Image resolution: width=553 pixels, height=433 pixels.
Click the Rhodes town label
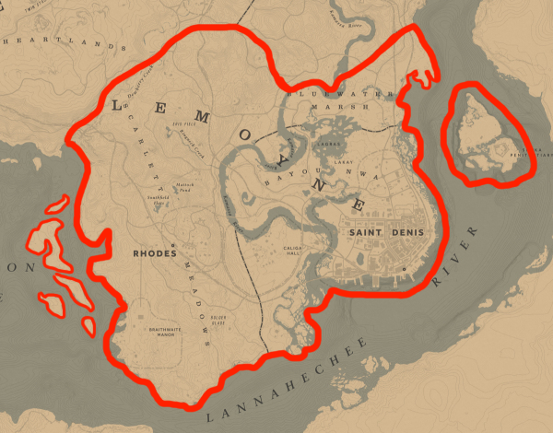(x=155, y=252)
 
